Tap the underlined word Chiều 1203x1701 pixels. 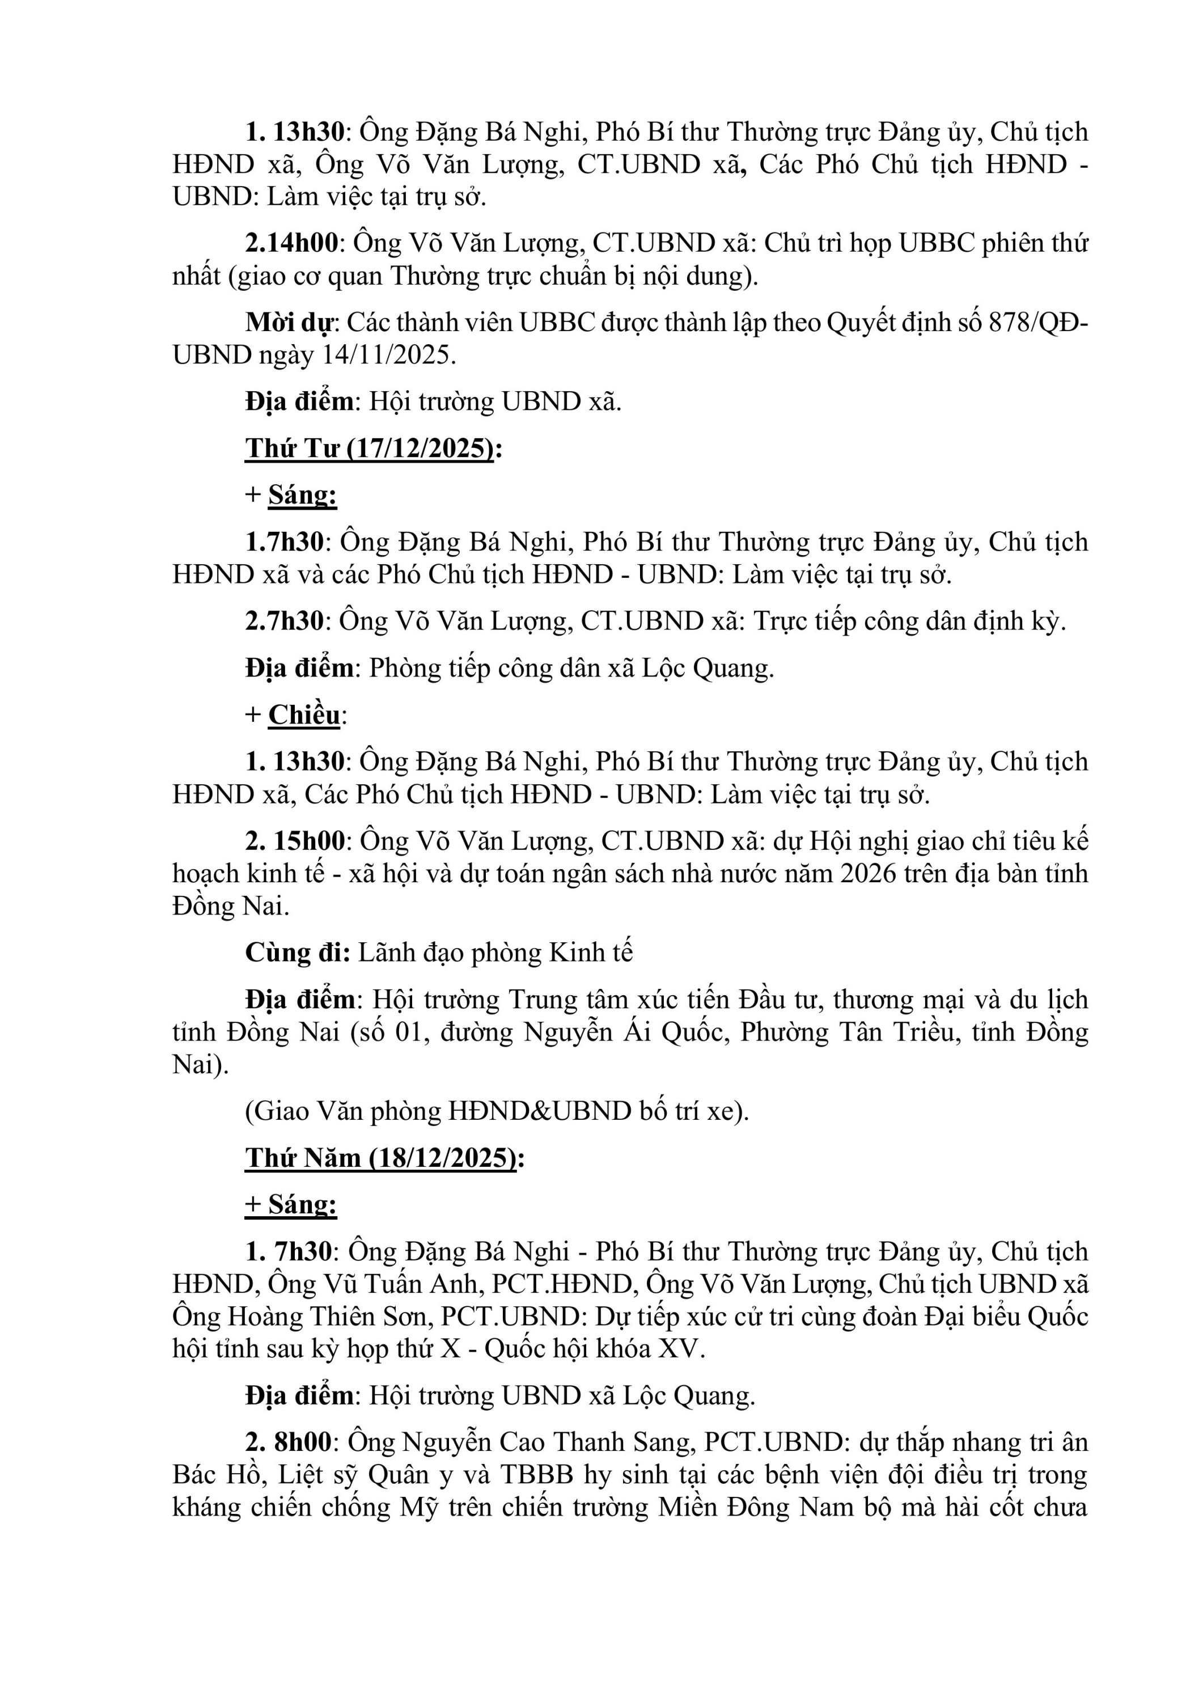click(304, 715)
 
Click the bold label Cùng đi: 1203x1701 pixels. click(298, 953)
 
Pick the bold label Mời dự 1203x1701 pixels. click(291, 323)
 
